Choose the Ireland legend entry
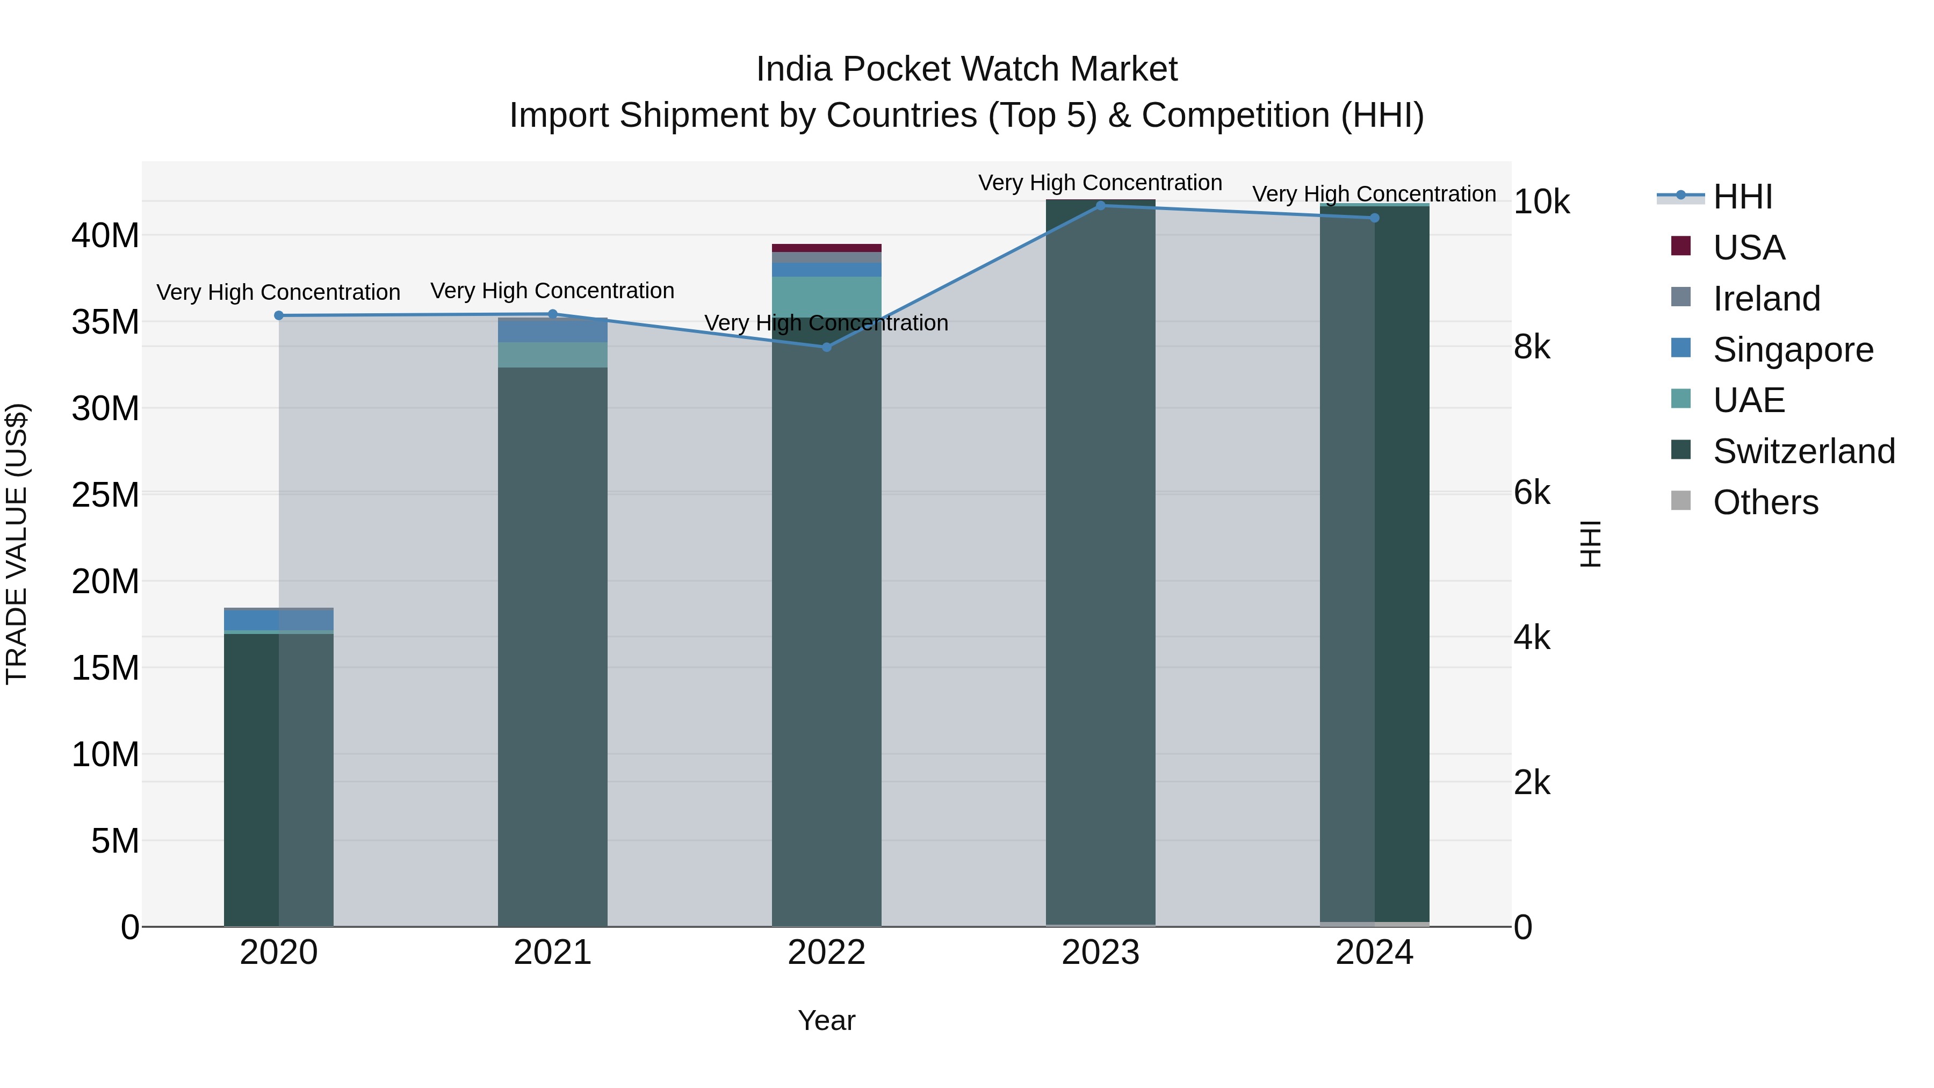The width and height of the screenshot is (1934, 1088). tap(1766, 298)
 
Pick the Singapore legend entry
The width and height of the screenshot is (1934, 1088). tap(1792, 349)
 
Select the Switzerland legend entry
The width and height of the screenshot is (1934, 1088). tap(1803, 451)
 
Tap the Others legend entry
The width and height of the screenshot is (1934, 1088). tap(1765, 502)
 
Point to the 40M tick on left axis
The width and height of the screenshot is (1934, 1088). tap(105, 236)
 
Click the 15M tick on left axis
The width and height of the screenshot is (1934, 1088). tap(105, 667)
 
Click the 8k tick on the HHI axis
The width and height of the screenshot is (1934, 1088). tap(1532, 347)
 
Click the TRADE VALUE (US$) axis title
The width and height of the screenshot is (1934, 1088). tap(17, 544)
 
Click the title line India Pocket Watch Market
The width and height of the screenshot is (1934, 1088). tap(966, 69)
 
